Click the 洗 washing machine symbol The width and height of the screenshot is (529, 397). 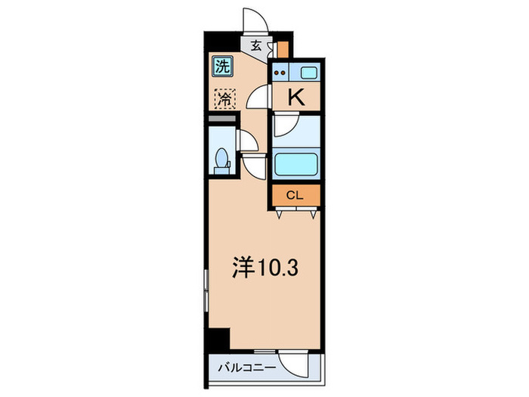(x=222, y=67)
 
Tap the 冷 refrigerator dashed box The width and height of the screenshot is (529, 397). (x=224, y=98)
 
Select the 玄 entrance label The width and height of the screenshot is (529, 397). (x=256, y=45)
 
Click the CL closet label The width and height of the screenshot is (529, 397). (x=295, y=195)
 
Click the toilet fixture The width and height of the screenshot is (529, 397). (x=222, y=161)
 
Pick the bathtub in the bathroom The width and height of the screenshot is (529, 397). (x=296, y=165)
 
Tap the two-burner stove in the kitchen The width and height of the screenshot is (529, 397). (x=282, y=73)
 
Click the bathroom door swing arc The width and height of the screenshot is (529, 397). (x=286, y=126)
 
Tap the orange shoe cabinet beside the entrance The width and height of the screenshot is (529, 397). (x=282, y=49)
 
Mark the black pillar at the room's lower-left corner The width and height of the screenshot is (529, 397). (x=218, y=338)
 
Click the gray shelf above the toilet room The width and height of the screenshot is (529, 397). (x=221, y=119)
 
